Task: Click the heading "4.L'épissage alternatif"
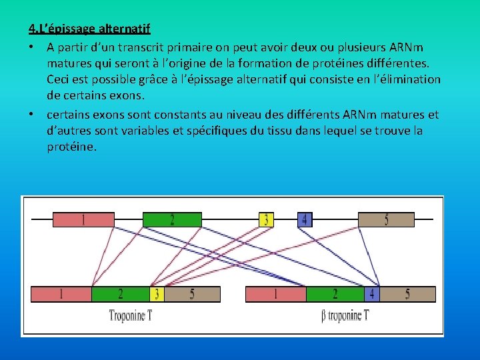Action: [89, 29]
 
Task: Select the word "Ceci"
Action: [59, 79]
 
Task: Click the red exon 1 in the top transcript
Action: [83, 219]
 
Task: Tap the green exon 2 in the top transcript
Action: [172, 219]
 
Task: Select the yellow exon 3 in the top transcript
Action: [266, 219]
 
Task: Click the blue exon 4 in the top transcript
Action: [304, 219]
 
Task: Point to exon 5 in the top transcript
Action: [386, 219]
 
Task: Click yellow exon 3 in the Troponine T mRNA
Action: [157, 293]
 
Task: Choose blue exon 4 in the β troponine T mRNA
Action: [371, 293]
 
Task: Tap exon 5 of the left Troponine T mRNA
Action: [192, 293]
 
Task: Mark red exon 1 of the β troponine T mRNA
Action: [276, 293]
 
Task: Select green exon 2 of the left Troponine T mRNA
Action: [120, 293]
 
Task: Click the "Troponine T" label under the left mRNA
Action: [131, 315]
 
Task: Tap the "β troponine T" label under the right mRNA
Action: [344, 315]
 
